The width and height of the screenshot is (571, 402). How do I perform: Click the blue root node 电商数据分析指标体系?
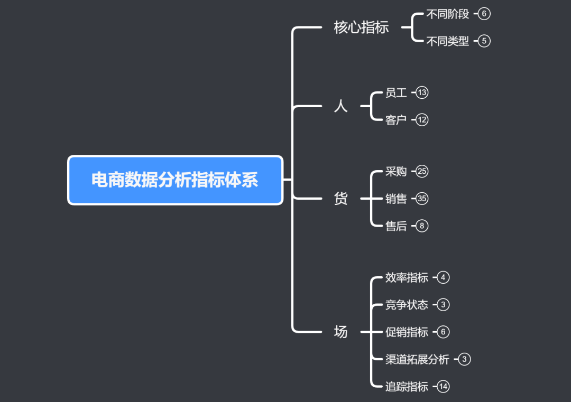[175, 180]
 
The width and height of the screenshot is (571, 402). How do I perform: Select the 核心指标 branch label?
[361, 27]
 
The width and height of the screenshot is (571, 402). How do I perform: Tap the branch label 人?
[341, 106]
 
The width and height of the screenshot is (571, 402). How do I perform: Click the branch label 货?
[341, 199]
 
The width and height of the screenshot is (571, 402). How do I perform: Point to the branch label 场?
[341, 332]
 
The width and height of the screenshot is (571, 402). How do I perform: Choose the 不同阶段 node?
[447, 14]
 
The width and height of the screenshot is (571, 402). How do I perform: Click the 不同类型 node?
[447, 41]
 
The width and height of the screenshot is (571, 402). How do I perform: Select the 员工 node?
[396, 93]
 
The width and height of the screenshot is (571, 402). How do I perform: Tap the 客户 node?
[396, 120]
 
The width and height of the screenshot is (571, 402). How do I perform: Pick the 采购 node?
[396, 172]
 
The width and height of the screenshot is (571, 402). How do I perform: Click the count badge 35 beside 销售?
[422, 199]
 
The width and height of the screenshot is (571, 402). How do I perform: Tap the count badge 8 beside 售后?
[422, 226]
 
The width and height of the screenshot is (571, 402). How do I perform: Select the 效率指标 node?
[407, 277]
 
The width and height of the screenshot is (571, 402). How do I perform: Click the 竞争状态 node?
[407, 305]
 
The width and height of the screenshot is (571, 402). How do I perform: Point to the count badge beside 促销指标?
[443, 332]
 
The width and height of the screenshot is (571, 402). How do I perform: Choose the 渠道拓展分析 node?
[417, 360]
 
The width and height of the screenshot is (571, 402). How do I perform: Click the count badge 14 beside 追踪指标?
[443, 387]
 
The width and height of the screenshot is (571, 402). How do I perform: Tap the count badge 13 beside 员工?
[422, 93]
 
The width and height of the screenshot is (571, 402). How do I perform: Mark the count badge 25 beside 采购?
[422, 172]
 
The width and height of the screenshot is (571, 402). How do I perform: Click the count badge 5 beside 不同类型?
[484, 41]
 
